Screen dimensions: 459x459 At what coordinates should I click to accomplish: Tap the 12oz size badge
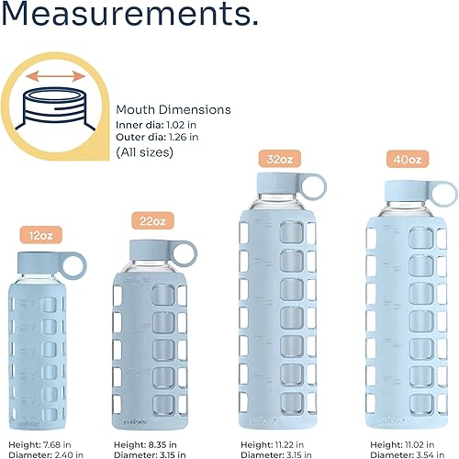tap(41, 234)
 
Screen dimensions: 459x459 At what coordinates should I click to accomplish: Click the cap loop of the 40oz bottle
tap(445, 194)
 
